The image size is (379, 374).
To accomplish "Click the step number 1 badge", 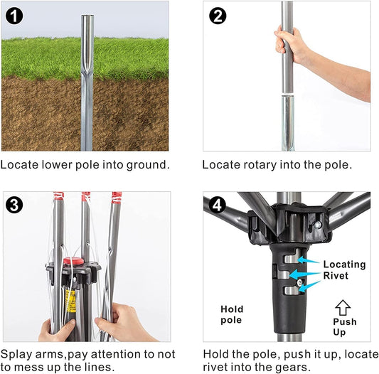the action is (14, 16).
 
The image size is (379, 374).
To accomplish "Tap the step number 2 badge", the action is (218, 16).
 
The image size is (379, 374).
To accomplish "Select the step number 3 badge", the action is (14, 205).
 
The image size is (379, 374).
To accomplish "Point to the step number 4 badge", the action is (217, 205).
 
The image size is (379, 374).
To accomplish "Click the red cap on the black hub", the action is (74, 261).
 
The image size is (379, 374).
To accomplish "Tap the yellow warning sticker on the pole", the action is (71, 301).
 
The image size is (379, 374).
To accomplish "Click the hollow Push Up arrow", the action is (343, 307).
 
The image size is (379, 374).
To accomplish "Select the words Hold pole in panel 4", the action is (232, 314).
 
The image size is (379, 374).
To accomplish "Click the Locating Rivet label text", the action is (344, 269).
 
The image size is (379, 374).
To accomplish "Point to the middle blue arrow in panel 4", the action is (305, 274).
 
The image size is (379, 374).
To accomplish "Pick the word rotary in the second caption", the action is (260, 165).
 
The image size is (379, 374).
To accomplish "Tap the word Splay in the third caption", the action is (16, 355).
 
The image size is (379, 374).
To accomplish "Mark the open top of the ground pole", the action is (87, 16).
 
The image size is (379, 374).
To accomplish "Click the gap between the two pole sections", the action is (288, 94).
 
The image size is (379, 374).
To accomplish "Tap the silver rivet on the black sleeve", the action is (300, 282).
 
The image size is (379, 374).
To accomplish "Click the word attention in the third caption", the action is (116, 354).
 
